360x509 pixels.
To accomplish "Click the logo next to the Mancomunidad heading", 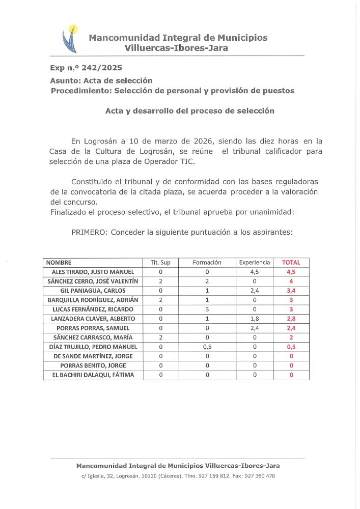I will coord(70,39).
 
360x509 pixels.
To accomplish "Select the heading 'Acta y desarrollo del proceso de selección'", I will coord(189,110).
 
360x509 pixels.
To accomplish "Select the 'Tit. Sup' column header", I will coord(160,263).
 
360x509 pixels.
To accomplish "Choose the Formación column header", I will coord(207,263).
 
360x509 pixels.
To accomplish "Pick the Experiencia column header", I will coord(255,263).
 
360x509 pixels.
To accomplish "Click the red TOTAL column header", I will coord(291,263).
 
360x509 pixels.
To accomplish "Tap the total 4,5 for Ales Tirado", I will coord(291,272).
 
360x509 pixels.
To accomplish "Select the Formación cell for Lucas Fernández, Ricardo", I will coord(207,309).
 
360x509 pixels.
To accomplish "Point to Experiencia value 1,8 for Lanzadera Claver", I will coord(255,319).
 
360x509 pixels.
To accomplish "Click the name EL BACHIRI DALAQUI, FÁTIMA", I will coord(92,375).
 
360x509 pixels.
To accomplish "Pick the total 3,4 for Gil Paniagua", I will coord(291,291).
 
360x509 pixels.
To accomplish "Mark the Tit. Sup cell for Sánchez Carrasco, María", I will coord(160,337).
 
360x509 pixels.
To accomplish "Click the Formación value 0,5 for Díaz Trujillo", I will coord(207,347).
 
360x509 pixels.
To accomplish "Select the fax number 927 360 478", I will coord(260,476).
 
